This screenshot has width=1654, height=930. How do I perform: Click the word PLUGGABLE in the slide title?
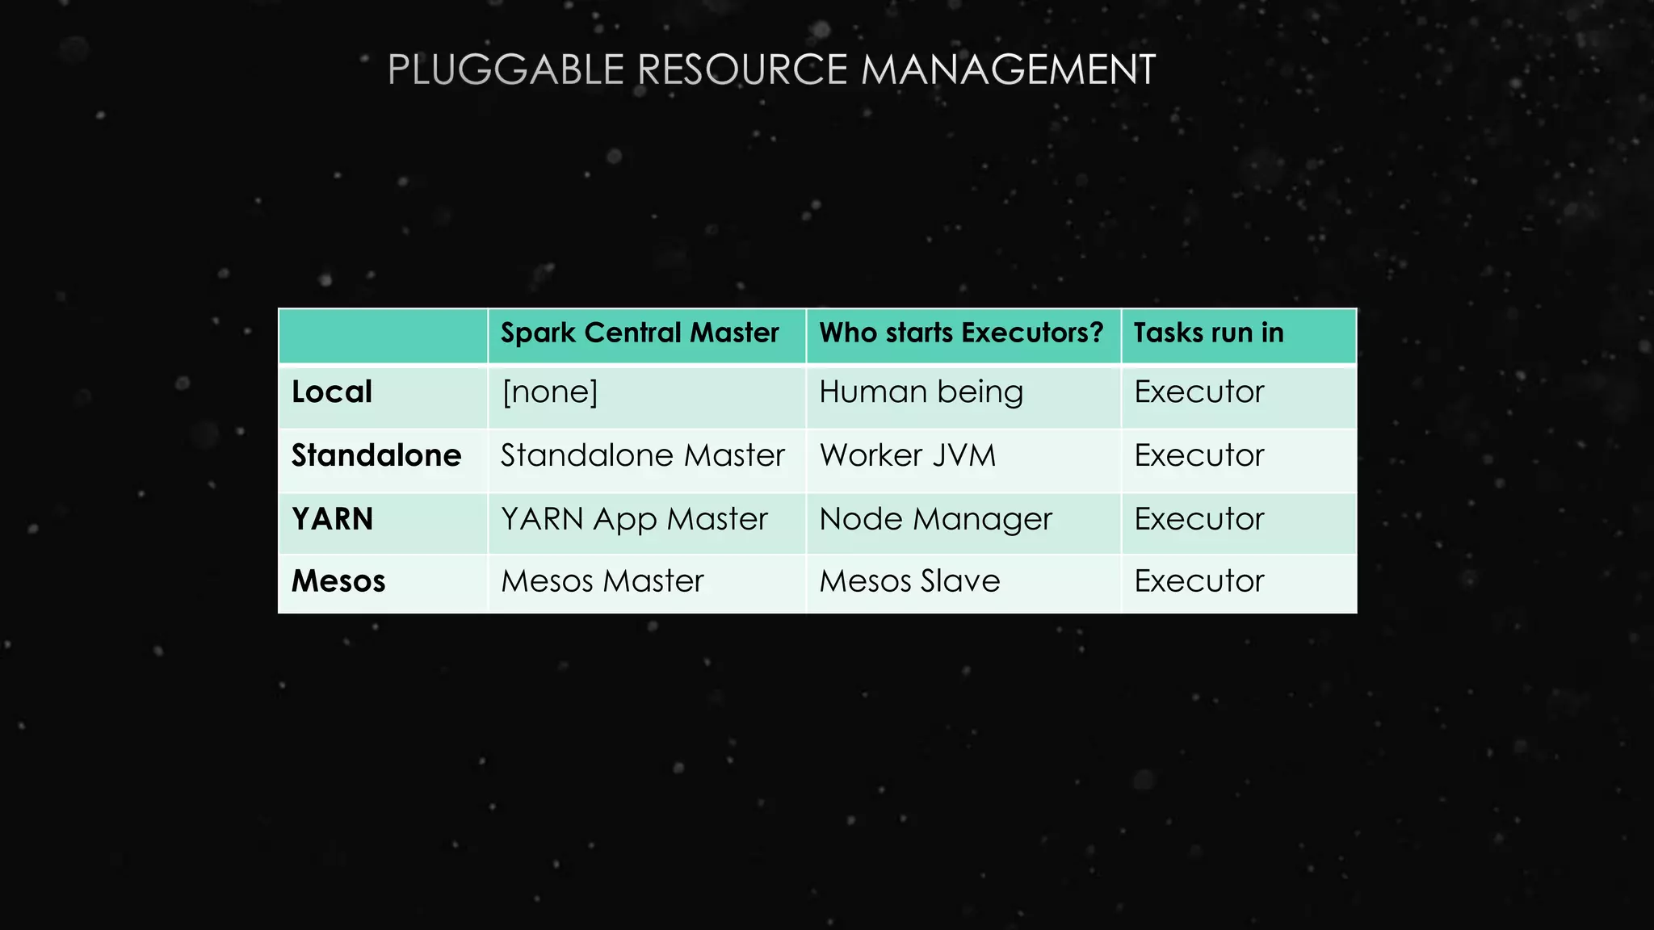[506, 69]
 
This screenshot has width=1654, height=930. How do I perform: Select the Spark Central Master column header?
[640, 333]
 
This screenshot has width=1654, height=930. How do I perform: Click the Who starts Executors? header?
[961, 333]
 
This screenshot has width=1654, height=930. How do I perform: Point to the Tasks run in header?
[1208, 333]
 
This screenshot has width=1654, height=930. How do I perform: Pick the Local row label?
[332, 392]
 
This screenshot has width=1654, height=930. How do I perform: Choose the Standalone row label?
[376, 456]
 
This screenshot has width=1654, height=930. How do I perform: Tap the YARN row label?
[333, 519]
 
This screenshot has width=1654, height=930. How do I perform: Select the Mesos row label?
[338, 581]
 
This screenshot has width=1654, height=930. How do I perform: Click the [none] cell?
[550, 392]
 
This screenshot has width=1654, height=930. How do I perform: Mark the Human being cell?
[921, 392]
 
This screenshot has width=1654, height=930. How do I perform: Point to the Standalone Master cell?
[643, 456]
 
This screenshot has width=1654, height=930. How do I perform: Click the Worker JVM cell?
[908, 456]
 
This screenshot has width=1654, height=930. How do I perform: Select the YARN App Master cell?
[634, 519]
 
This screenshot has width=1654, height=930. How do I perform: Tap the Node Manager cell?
[935, 519]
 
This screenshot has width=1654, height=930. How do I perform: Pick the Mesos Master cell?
[602, 581]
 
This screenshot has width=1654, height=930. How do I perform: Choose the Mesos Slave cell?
[909, 581]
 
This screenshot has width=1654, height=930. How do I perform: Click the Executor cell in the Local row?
[1199, 392]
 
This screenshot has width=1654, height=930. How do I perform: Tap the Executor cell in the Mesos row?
[1199, 581]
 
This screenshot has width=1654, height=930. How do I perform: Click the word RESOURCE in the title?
[742, 69]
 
